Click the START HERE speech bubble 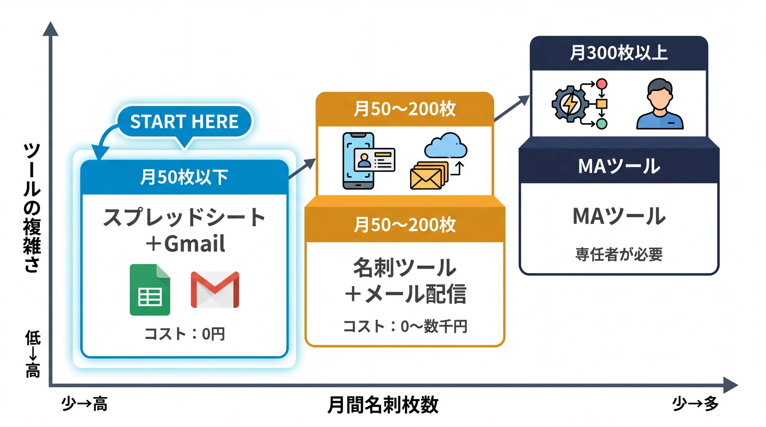click(184, 122)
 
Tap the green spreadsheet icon click(150, 290)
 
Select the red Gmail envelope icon click(215, 290)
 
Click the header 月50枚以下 click(184, 177)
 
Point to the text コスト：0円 click(184, 334)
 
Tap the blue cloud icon click(446, 146)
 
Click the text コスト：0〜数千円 click(405, 326)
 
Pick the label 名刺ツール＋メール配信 click(405, 281)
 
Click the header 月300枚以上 click(618, 53)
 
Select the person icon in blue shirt click(660, 105)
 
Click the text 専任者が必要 click(619, 255)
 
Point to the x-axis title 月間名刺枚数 click(383, 405)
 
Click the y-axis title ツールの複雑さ click(32, 208)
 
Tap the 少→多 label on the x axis click(695, 404)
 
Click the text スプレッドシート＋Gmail click(184, 230)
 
